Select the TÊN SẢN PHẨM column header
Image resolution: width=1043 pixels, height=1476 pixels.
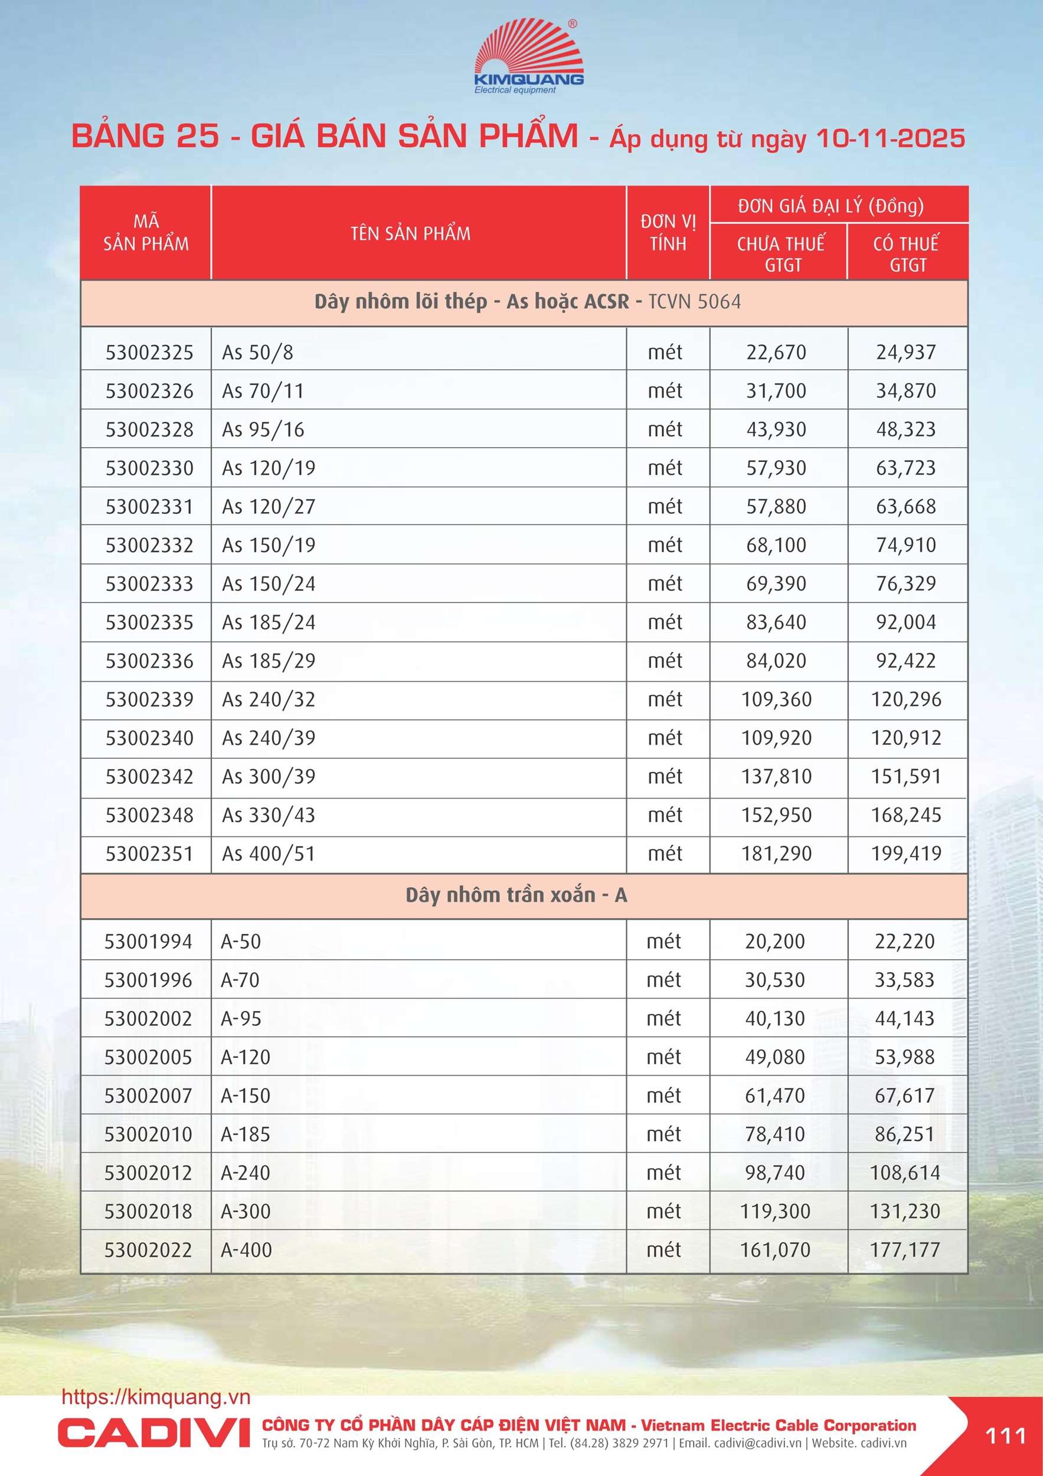point(411,233)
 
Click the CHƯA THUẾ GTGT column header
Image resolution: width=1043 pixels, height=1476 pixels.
point(780,253)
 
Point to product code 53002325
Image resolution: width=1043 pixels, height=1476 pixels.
point(149,352)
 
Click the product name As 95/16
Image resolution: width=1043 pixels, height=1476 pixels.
point(263,429)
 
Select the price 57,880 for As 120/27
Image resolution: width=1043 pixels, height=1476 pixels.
point(776,507)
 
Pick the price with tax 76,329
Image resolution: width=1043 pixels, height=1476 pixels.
point(905,584)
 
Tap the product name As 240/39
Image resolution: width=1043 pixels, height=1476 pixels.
point(269,738)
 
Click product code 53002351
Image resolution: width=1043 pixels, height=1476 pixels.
point(149,853)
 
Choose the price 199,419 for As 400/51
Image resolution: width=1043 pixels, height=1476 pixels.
point(905,853)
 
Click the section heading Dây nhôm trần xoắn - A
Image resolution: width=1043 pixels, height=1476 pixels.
point(516,895)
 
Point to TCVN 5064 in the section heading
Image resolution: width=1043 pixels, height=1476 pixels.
point(694,301)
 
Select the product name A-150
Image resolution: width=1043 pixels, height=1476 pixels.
point(246,1096)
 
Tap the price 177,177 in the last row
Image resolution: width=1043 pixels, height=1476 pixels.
point(904,1250)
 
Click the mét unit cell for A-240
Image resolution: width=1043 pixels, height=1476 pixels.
point(664,1172)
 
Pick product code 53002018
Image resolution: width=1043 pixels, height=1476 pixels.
point(148,1211)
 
